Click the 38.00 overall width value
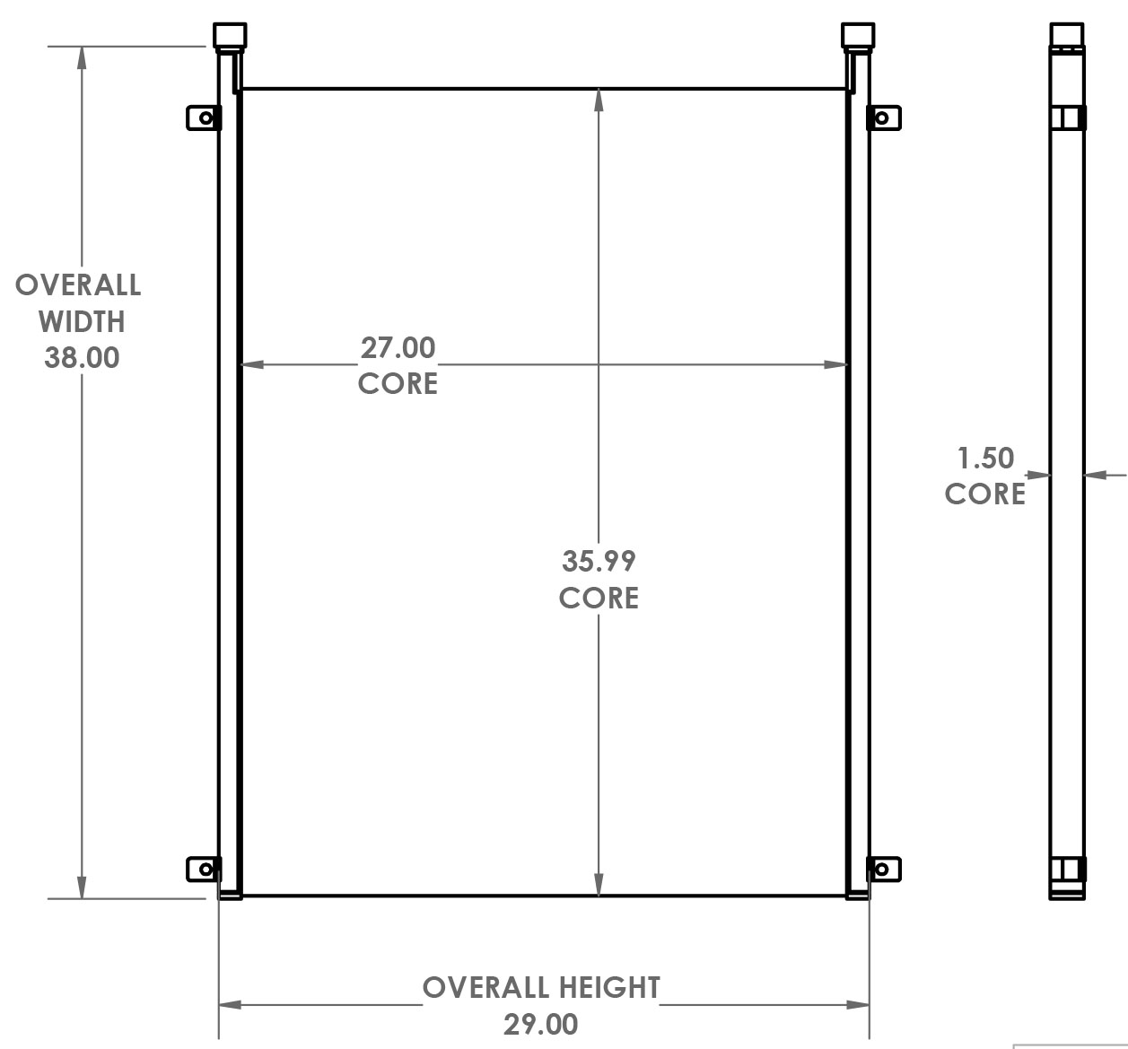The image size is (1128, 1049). point(82,357)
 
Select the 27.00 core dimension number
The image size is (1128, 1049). point(398,347)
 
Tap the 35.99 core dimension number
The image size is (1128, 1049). point(599,561)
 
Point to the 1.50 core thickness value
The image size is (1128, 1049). point(985,458)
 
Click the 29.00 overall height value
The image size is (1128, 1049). point(540,1024)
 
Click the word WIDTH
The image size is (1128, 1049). point(82,321)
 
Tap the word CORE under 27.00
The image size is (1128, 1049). point(398,383)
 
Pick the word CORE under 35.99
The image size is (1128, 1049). point(599,598)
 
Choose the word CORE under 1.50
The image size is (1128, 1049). point(985,494)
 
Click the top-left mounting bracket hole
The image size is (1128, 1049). point(206,118)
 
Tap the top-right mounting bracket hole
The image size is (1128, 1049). point(881,118)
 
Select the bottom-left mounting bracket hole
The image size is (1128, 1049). point(206,869)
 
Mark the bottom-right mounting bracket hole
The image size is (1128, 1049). point(881,869)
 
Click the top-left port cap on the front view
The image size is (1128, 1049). point(230,35)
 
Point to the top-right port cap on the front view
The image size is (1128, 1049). point(858,35)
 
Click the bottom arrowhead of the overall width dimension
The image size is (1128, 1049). point(83,887)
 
